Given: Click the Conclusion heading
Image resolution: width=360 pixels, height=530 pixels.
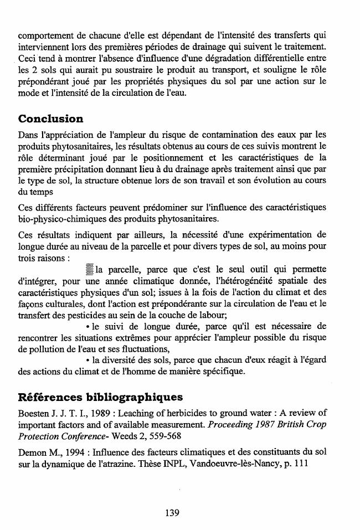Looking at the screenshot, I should point(50,119).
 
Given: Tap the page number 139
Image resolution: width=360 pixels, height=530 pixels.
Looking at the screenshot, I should point(172,512).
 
